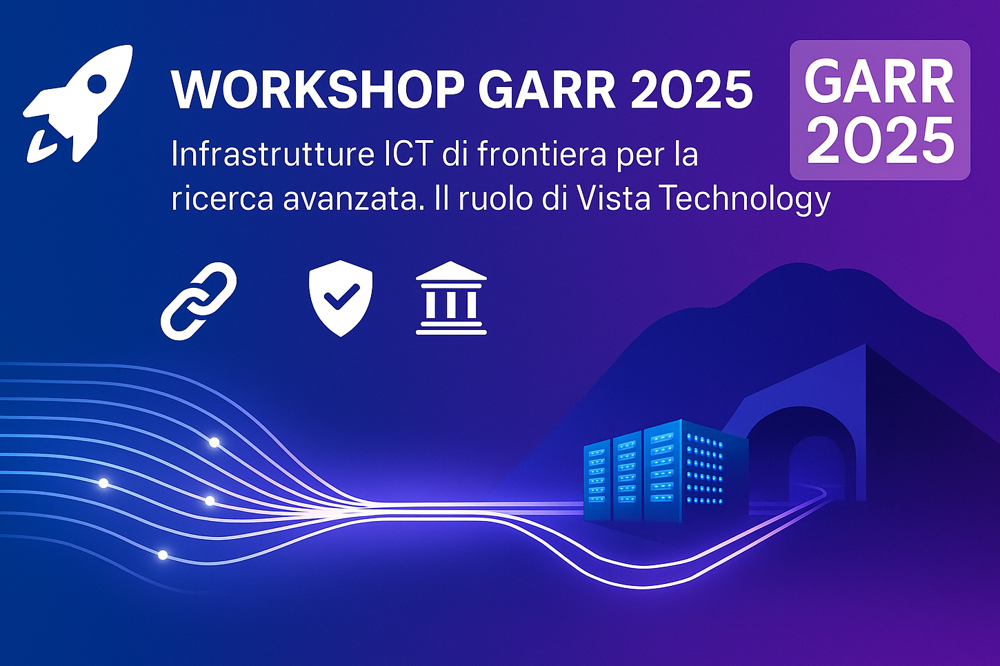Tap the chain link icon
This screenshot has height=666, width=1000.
tap(199, 301)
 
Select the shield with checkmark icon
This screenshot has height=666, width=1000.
tap(341, 298)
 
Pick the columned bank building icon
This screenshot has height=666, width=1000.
tap(451, 298)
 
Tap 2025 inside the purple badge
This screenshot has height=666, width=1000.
tap(880, 140)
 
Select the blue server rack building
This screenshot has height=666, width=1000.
tap(666, 471)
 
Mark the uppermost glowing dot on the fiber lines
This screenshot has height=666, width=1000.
tap(214, 442)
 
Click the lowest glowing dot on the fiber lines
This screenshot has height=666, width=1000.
tap(163, 555)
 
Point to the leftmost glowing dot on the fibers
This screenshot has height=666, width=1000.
tap(103, 483)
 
